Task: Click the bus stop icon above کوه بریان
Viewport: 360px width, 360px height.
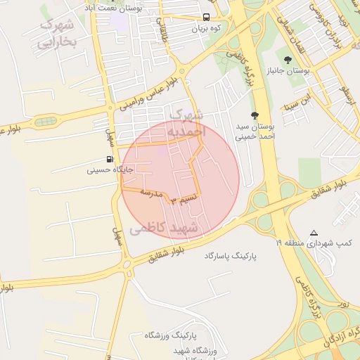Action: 207,18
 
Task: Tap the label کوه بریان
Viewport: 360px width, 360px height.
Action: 207,30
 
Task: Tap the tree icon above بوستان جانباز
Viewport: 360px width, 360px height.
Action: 288,58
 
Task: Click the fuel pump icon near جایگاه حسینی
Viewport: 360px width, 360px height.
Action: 110,159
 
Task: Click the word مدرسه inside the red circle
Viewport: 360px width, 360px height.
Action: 151,191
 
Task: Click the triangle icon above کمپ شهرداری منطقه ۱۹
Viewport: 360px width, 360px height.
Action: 314,233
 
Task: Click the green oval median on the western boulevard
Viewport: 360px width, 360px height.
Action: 47,121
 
